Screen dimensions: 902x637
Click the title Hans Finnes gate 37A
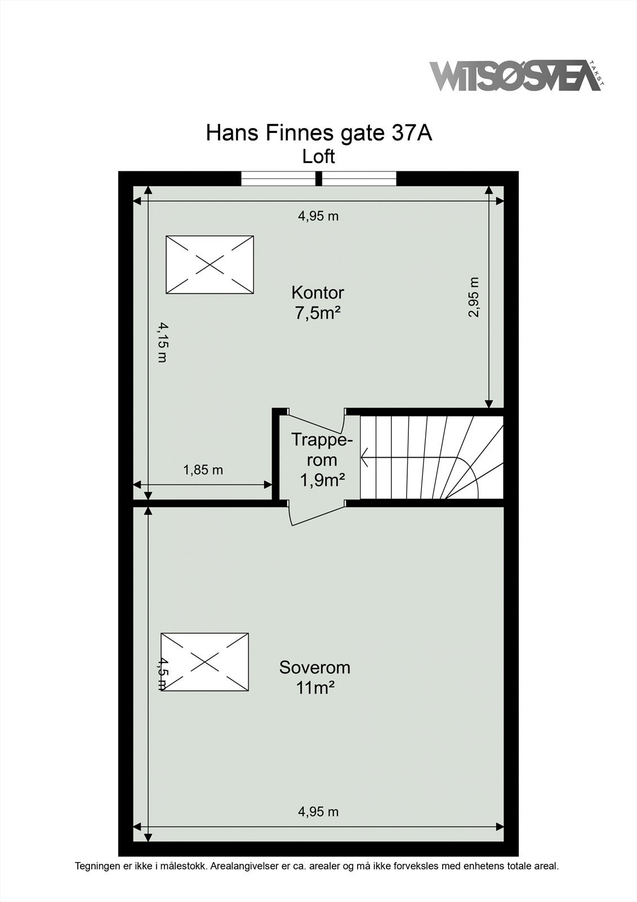pyautogui.click(x=319, y=133)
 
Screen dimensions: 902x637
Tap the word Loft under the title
pyautogui.click(x=319, y=156)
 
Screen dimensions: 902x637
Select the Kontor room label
pyautogui.click(x=318, y=293)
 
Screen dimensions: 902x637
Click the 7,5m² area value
pyautogui.click(x=318, y=312)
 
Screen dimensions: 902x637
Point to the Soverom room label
pyautogui.click(x=315, y=667)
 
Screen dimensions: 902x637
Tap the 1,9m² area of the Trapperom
pyautogui.click(x=322, y=480)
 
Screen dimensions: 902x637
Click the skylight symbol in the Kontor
pyautogui.click(x=210, y=264)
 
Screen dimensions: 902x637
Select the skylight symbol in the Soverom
pyautogui.click(x=204, y=662)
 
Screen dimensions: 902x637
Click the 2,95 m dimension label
pyautogui.click(x=474, y=297)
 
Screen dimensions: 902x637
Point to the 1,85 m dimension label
pyautogui.click(x=203, y=470)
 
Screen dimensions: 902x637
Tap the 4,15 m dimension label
pyautogui.click(x=162, y=342)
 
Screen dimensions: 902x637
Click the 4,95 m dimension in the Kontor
pyautogui.click(x=318, y=216)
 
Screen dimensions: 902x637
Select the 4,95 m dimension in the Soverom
pyautogui.click(x=318, y=812)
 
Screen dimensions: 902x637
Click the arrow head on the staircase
pyautogui.click(x=364, y=458)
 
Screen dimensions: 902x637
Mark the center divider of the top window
pyautogui.click(x=318, y=178)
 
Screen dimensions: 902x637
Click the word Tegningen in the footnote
pyautogui.click(x=96, y=866)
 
